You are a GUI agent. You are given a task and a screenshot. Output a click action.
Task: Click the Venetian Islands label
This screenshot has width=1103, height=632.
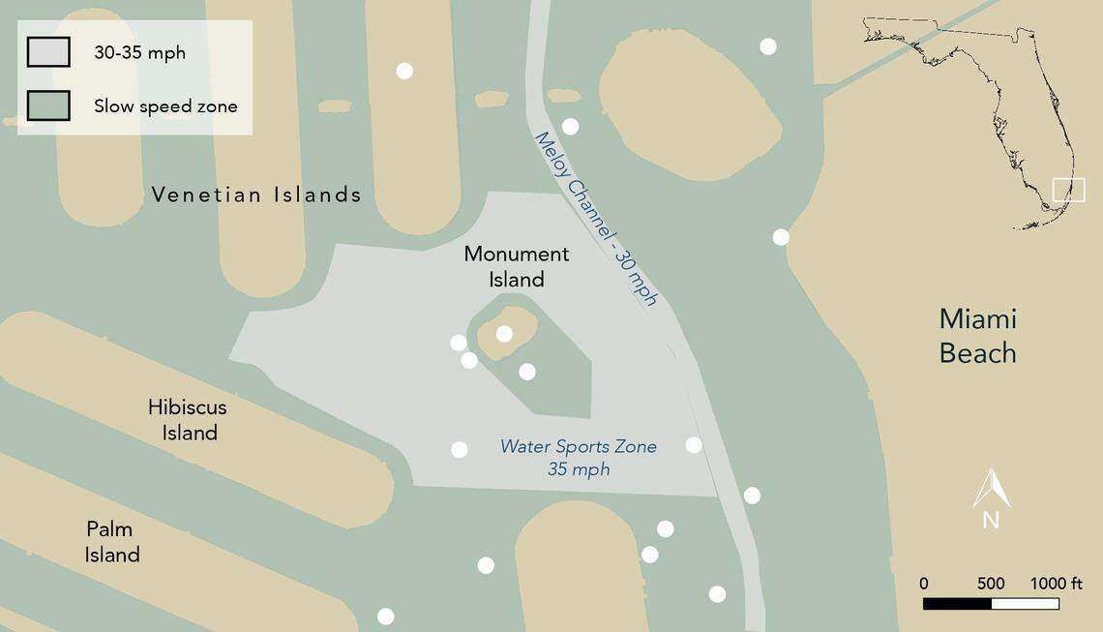point(256,195)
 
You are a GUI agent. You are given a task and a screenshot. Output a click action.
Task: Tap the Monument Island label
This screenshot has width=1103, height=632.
point(517,266)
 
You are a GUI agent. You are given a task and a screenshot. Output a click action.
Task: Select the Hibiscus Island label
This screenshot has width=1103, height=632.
point(188,419)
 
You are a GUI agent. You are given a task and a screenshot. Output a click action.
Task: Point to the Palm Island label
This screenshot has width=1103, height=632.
point(111,542)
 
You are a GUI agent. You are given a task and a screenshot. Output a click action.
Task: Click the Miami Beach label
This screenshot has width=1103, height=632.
point(977,336)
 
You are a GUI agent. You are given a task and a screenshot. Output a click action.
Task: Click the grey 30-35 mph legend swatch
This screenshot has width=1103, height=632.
point(48,52)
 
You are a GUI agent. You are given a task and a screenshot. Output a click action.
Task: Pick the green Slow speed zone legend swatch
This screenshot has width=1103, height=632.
point(48,105)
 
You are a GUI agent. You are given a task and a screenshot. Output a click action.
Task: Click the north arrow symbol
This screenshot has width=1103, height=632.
point(991,488)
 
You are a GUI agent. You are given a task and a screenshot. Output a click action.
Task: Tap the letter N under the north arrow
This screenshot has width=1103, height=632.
point(991,520)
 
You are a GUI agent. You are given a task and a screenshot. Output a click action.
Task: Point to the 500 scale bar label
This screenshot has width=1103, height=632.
point(990,584)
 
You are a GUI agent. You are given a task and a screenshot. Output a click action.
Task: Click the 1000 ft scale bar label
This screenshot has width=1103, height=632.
point(1056,584)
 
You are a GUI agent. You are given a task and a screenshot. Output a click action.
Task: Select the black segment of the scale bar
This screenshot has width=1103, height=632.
point(957,604)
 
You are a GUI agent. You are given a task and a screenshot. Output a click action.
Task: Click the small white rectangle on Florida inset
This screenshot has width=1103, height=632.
point(1068,189)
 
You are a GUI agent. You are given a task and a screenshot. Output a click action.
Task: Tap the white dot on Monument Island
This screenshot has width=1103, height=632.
point(504,334)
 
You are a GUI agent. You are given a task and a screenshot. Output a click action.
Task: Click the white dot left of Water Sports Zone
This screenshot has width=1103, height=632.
point(460,449)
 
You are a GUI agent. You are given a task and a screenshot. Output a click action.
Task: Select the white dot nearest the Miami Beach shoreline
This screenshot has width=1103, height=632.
point(781,237)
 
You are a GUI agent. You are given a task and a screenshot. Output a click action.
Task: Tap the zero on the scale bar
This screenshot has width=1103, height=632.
point(924,584)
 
